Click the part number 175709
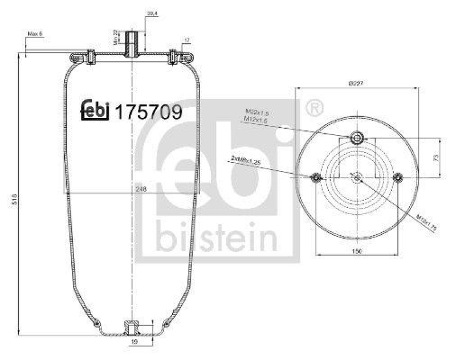(x=149, y=112)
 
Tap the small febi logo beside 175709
(x=95, y=111)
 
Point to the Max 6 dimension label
(x=35, y=34)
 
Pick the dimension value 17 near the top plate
(x=186, y=40)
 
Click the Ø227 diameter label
(x=356, y=83)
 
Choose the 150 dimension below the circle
(x=356, y=251)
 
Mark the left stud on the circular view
(x=315, y=178)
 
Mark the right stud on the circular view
(x=398, y=178)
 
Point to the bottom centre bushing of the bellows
(x=132, y=329)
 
